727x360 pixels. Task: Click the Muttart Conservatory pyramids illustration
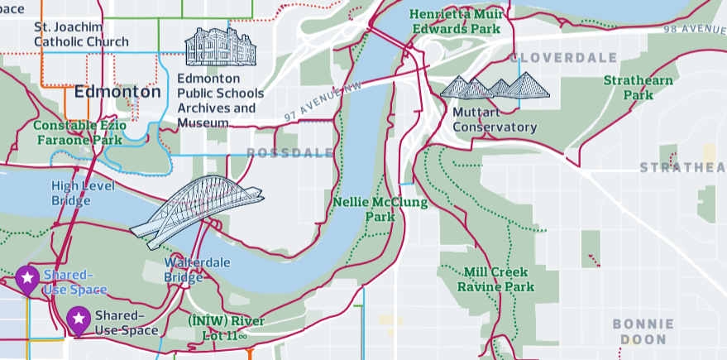[495, 86]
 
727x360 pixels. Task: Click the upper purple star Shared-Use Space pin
[27, 279]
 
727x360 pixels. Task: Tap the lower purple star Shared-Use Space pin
[79, 319]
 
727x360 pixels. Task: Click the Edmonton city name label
[117, 92]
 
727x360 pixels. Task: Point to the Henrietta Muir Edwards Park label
[455, 22]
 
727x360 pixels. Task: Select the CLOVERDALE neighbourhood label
[565, 58]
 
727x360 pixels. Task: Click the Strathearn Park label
[638, 88]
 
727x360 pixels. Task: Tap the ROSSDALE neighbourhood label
[290, 153]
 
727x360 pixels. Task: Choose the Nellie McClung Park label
[380, 209]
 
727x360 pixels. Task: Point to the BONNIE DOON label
[643, 331]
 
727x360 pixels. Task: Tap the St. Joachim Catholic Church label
[81, 34]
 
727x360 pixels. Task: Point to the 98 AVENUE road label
[694, 29]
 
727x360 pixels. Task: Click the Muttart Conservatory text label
[495, 119]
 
